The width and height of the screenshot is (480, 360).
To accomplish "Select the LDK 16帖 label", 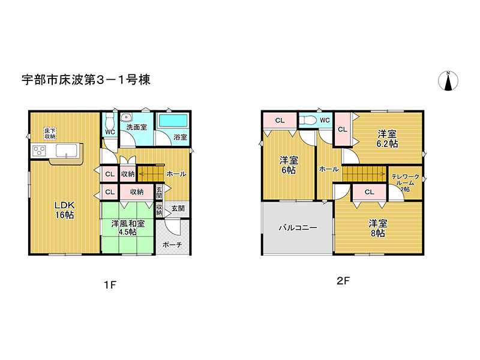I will pyautogui.click(x=62, y=209).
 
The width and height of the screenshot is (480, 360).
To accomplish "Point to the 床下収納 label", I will pyautogui.click(x=50, y=133).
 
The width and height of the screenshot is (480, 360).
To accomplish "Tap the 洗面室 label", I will pyautogui.click(x=136, y=127).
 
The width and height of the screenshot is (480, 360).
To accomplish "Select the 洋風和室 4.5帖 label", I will pyautogui.click(x=127, y=228).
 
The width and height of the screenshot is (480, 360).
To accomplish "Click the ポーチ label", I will pyautogui.click(x=173, y=245).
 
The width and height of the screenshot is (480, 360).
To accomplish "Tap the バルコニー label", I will pyautogui.click(x=297, y=228).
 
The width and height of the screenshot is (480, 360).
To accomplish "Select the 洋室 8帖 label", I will pyautogui.click(x=377, y=229).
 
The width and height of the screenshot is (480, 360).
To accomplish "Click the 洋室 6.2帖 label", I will pyautogui.click(x=387, y=139).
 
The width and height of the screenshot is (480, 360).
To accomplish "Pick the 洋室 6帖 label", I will pyautogui.click(x=289, y=165).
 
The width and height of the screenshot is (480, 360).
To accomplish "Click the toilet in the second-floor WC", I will pyautogui.click(x=308, y=121).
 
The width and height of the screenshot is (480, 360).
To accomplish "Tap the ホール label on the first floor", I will pyautogui.click(x=176, y=173).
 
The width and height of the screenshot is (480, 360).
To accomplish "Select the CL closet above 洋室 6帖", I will pyautogui.click(x=280, y=121).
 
